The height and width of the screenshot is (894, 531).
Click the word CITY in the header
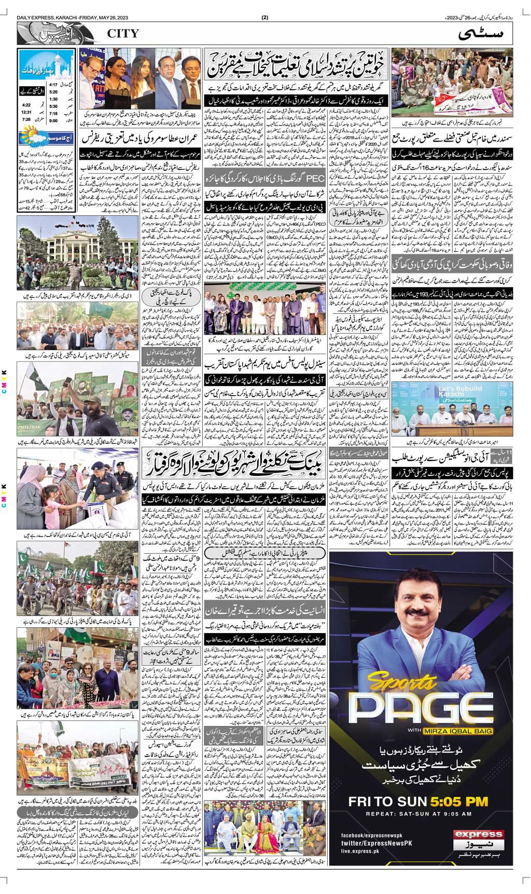coord(123,34)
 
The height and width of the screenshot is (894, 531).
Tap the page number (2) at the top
coord(265,17)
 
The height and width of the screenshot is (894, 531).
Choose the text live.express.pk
coord(360,851)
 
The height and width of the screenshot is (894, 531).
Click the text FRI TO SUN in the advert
coord(389,801)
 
